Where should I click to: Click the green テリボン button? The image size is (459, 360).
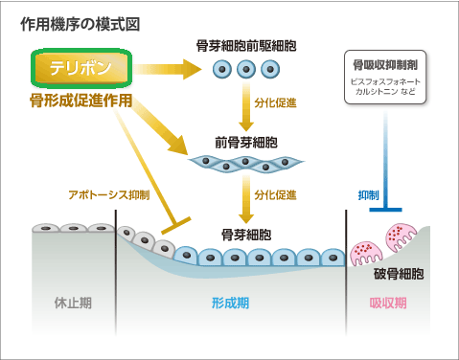pos(80,68)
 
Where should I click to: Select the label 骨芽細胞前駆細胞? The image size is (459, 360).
pos(244,46)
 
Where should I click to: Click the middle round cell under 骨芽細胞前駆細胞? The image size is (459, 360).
pos(244,69)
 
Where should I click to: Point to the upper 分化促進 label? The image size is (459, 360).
pos(273,101)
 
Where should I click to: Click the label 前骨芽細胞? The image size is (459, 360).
pos(244,142)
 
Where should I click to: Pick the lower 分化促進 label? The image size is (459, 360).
pos(273,194)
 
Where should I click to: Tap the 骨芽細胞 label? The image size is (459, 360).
pos(244,234)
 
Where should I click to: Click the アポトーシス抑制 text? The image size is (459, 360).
pos(108,194)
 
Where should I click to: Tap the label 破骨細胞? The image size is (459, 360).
pos(399,274)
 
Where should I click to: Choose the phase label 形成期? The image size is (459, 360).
pos(230,304)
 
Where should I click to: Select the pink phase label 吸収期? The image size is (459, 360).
pos(388,304)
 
